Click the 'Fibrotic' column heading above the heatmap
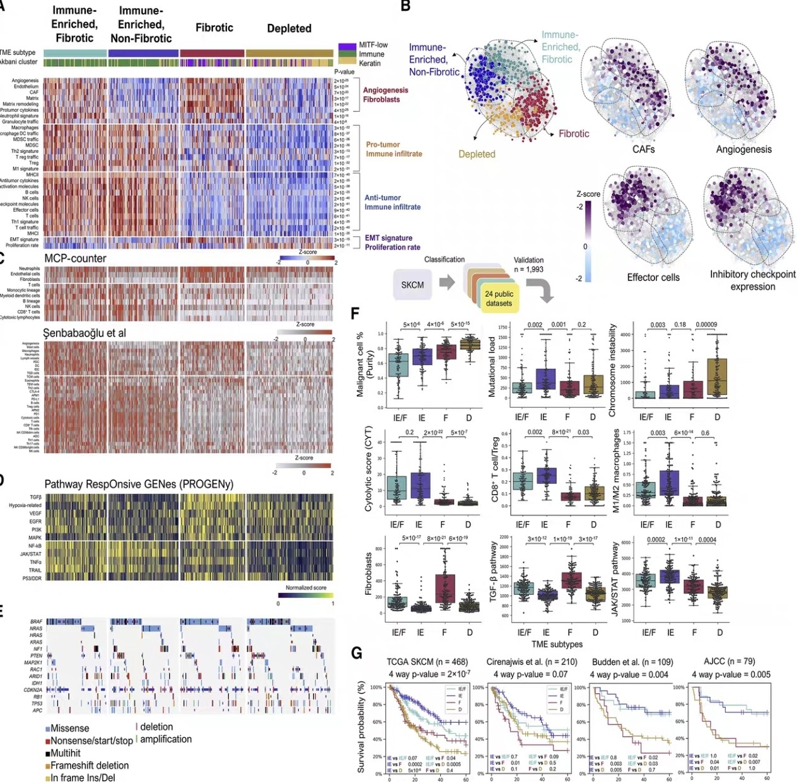[214, 28]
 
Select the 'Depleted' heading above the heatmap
[289, 28]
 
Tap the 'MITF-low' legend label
[373, 45]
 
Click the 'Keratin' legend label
[370, 63]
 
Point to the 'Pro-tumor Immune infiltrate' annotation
[393, 149]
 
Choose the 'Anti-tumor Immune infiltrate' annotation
[392, 202]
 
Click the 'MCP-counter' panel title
[75, 258]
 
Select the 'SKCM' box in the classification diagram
[412, 285]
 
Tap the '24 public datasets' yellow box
[499, 299]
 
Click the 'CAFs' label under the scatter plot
[643, 149]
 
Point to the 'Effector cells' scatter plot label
[653, 277]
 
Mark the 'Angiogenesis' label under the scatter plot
[743, 149]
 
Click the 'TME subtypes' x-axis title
[557, 644]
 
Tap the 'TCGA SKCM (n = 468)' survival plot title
[427, 662]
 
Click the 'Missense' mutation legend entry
[69, 728]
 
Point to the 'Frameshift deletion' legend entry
[89, 766]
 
